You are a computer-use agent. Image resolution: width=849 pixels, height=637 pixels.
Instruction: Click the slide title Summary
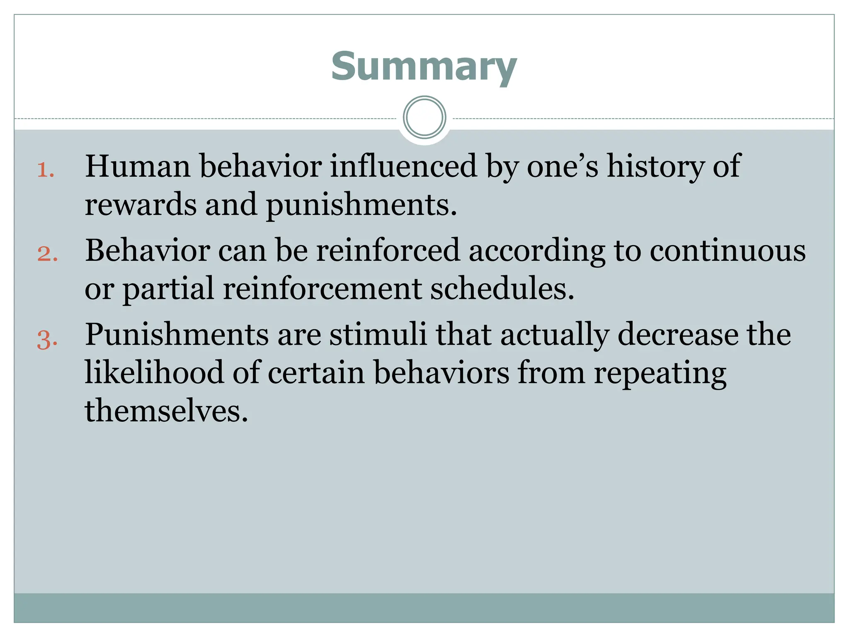424,66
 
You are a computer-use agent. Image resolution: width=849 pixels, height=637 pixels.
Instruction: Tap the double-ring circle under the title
424,117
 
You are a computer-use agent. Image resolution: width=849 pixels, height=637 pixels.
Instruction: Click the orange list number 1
45,170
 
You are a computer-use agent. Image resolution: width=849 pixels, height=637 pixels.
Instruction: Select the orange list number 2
47,253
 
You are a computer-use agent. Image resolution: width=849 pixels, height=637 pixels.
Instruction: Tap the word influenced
403,166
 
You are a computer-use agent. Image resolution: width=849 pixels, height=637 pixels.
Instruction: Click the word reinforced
388,250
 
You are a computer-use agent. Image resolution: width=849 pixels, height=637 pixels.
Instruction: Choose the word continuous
728,251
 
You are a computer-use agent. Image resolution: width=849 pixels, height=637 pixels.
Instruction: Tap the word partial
168,289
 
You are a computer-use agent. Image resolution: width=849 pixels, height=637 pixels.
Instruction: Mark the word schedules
502,289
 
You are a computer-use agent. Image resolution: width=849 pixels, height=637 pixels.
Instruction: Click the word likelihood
154,372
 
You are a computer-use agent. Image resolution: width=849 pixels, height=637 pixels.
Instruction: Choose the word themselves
166,411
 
